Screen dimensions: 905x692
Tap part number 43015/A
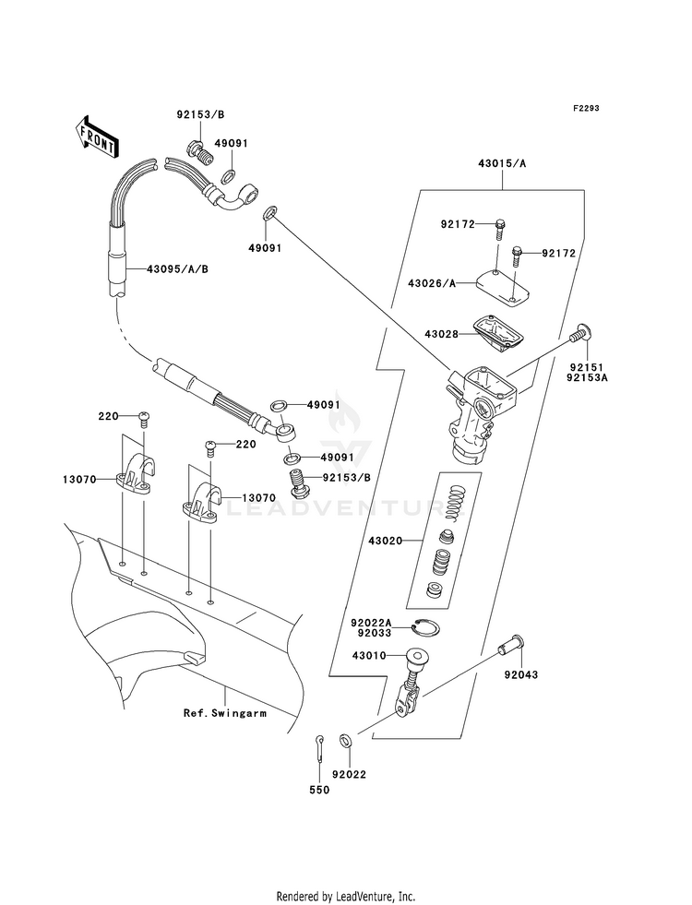click(x=502, y=163)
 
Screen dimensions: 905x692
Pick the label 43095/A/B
click(x=177, y=269)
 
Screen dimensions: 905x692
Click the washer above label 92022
click(x=345, y=740)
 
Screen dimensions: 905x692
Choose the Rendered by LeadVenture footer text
click(x=345, y=896)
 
